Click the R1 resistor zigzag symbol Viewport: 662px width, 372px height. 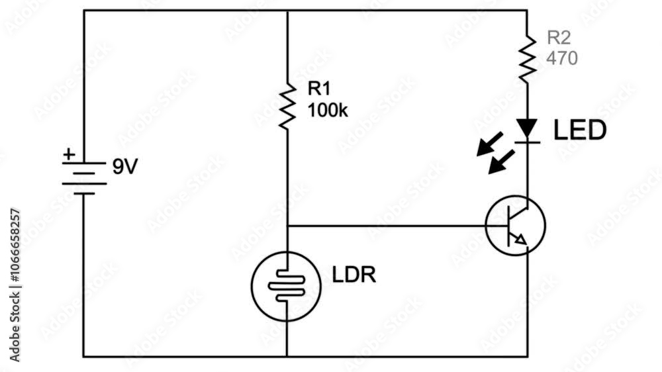tap(287, 106)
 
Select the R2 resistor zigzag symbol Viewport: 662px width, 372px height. tap(527, 59)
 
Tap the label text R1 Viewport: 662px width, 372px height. tap(319, 89)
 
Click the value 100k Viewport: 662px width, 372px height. tap(328, 111)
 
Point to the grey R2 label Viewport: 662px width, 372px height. tap(559, 38)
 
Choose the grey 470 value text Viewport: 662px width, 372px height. tap(562, 58)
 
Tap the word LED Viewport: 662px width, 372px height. tap(580, 130)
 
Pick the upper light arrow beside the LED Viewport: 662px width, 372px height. tap(490, 144)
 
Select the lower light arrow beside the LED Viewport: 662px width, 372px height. tap(502, 162)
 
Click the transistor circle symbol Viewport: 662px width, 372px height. tap(516, 225)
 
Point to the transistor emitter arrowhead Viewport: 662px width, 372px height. tap(522, 240)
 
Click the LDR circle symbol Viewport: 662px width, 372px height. tap(286, 287)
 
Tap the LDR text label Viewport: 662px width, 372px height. tap(354, 275)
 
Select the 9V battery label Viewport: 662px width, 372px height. tap(125, 167)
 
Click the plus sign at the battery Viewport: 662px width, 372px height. tap(69, 154)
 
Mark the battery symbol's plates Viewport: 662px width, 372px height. tap(84, 178)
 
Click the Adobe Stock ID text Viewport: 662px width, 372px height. tap(15, 285)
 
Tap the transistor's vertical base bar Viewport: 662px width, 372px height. tap(509, 226)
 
